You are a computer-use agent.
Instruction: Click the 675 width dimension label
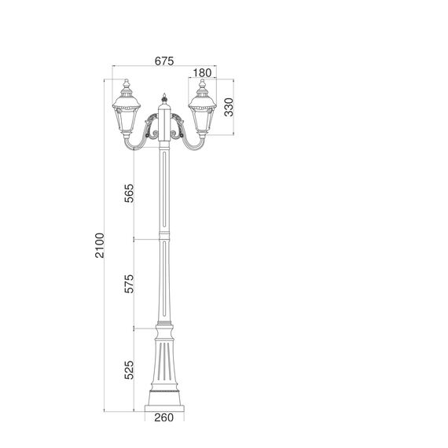[x=163, y=61]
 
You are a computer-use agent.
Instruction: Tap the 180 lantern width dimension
[x=203, y=72]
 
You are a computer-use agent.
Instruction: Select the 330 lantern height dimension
[x=229, y=107]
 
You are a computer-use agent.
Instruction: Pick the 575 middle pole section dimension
[x=130, y=283]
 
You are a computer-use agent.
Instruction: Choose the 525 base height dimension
[x=130, y=368]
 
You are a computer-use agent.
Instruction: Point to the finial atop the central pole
[x=164, y=100]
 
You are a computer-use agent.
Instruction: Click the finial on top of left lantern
[x=127, y=83]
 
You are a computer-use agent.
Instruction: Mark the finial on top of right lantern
[x=202, y=83]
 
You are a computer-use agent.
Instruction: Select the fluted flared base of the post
[x=164, y=362]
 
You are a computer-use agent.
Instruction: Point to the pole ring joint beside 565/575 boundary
[x=164, y=237]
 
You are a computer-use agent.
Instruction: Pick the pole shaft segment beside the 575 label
[x=164, y=283]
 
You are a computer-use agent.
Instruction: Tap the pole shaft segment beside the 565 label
[x=164, y=193]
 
